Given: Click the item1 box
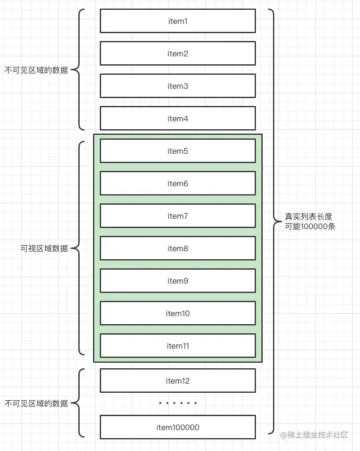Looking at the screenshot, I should (x=178, y=21).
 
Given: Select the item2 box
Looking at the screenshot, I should (x=178, y=54).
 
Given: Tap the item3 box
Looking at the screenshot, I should (x=178, y=86).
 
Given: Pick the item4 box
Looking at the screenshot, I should (x=178, y=119).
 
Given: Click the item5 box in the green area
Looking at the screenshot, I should (x=178, y=151).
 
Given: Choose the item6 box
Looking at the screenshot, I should (x=178, y=184).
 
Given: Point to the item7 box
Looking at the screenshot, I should (x=178, y=216).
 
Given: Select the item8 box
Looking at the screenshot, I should (x=178, y=249).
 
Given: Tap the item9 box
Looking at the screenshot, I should (x=178, y=281).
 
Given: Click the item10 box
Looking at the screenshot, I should (x=178, y=314).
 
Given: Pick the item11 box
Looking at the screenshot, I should (x=178, y=346).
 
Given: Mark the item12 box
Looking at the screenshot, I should (x=178, y=381).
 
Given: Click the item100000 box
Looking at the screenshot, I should (x=178, y=428).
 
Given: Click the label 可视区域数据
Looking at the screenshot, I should (x=44, y=249).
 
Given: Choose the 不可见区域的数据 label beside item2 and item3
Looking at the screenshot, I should (x=36, y=70).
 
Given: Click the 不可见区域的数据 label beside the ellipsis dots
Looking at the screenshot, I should (x=36, y=404).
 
